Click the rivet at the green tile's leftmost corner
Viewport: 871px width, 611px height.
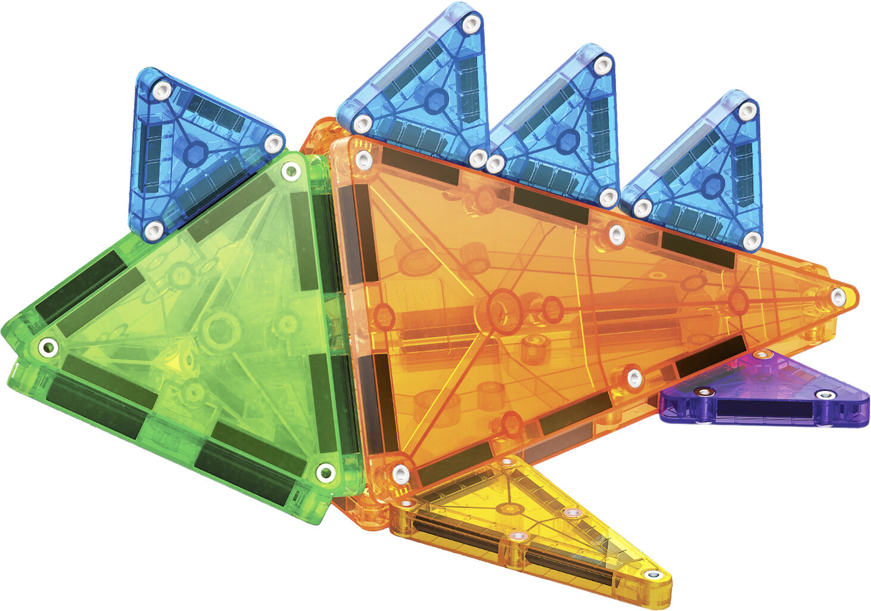tap(48, 346)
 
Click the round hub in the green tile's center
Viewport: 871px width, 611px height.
tap(220, 328)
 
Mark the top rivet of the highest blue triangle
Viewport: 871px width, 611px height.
tap(471, 24)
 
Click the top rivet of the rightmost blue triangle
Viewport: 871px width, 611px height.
tap(747, 110)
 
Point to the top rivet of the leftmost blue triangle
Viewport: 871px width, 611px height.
tap(162, 90)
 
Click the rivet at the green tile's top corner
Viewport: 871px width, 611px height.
tap(291, 173)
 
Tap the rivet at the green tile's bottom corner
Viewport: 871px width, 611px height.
tap(325, 473)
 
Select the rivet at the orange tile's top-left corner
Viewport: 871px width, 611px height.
tap(363, 159)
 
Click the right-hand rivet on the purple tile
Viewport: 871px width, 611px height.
tap(825, 395)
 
